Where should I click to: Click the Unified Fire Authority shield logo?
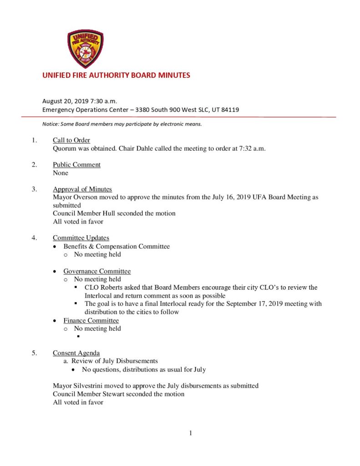pyautogui.click(x=85, y=49)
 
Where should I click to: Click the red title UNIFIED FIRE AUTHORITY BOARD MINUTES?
pyautogui.click(x=116, y=76)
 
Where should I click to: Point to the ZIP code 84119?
pyautogui.click(x=230, y=110)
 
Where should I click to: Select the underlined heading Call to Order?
pyautogui.click(x=71, y=140)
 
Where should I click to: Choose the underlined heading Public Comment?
pyautogui.click(x=76, y=165)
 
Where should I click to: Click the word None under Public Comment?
pyautogui.click(x=61, y=173)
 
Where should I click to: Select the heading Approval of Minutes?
pyautogui.click(x=82, y=189)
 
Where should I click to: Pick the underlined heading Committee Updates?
pyautogui.click(x=81, y=238)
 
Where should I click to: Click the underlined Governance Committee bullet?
pyautogui.click(x=97, y=271)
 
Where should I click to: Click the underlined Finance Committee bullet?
pyautogui.click(x=91, y=320)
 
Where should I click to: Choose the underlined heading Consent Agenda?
pyautogui.click(x=76, y=353)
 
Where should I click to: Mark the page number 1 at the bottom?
pyautogui.click(x=191, y=433)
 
